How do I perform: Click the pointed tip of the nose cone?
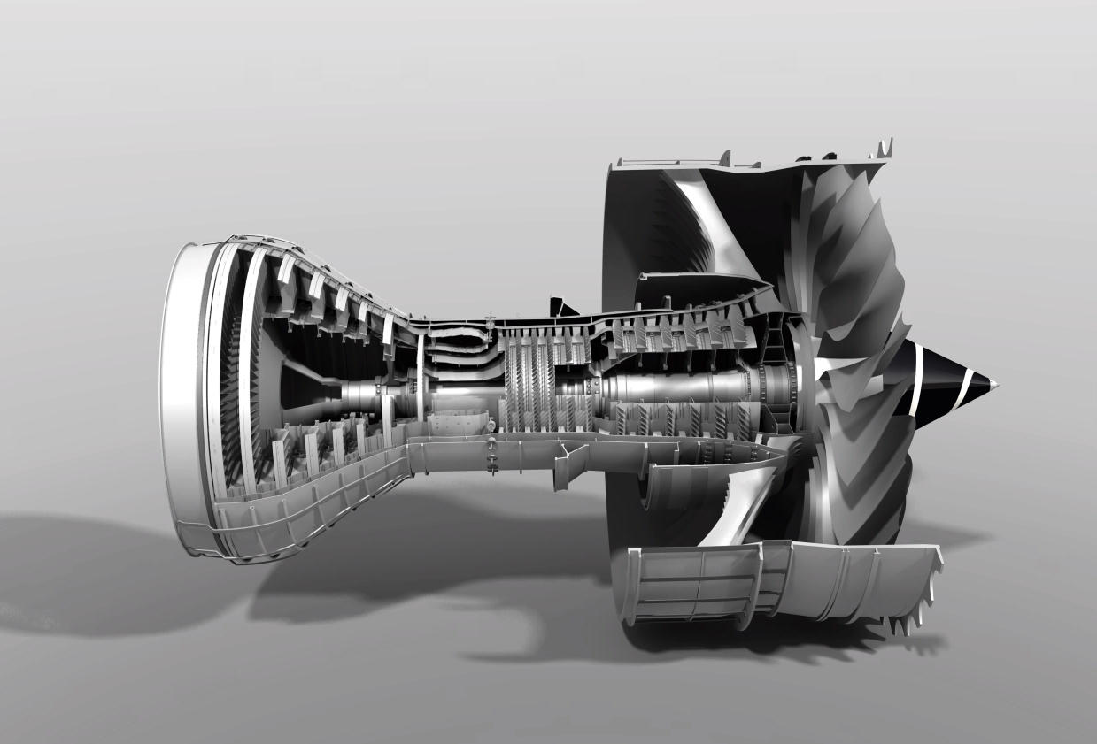point(995,385)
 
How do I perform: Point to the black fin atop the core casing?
point(561,306)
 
